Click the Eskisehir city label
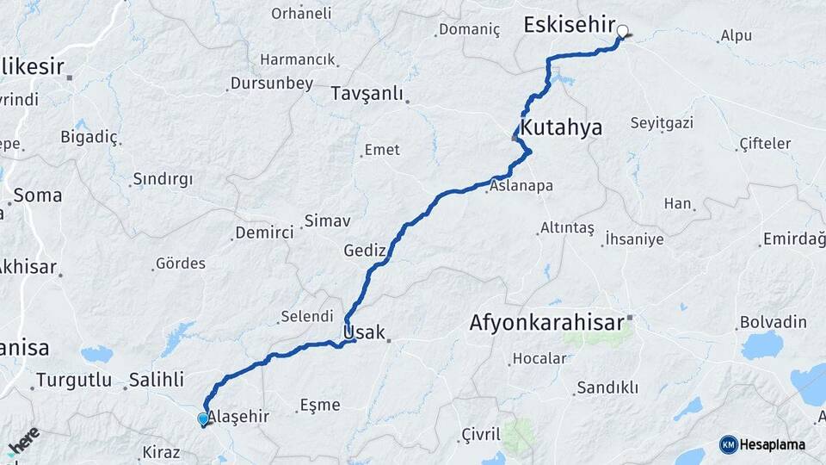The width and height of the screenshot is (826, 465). [568, 26]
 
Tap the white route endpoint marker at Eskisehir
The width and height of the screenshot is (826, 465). [622, 32]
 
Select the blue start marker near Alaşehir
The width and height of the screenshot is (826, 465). [203, 418]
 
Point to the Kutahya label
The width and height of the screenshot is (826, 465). [561, 127]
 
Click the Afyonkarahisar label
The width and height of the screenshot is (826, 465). [546, 324]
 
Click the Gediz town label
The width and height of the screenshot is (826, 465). [364, 251]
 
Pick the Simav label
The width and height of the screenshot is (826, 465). [327, 221]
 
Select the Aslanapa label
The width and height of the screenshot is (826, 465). [521, 186]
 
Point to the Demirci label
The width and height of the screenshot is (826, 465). [265, 232]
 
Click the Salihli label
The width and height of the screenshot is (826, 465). [157, 380]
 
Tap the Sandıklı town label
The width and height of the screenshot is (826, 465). [607, 387]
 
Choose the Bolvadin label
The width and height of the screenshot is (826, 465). [773, 323]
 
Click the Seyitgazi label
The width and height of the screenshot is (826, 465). [662, 123]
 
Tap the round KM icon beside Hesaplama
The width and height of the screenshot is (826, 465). [729, 444]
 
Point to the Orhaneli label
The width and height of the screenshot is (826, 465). [301, 13]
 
